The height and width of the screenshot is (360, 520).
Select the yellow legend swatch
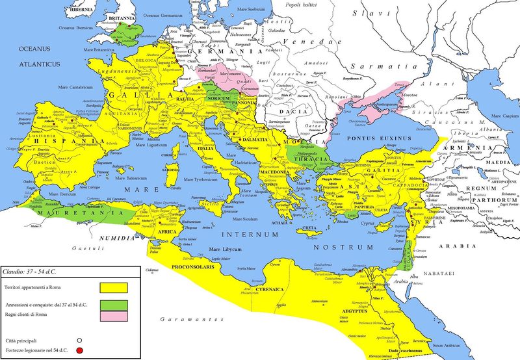[x=113, y=287]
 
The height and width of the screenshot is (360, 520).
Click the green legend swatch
[x=113, y=305]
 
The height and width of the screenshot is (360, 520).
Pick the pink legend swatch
[x=113, y=316]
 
